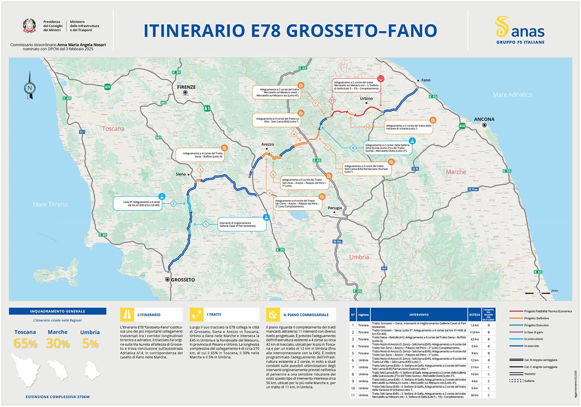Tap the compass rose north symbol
click(x=30, y=85)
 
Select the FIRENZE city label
click(x=186, y=87)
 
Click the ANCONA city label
click(x=484, y=119)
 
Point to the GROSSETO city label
click(x=182, y=280)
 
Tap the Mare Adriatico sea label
click(x=512, y=94)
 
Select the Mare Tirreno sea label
click(x=50, y=204)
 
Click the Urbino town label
click(x=366, y=98)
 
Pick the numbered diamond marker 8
click(x=352, y=148)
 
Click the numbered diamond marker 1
click(x=206, y=224)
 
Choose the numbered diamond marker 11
click(x=332, y=100)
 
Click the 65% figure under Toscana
click(x=25, y=343)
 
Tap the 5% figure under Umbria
click(x=90, y=343)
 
